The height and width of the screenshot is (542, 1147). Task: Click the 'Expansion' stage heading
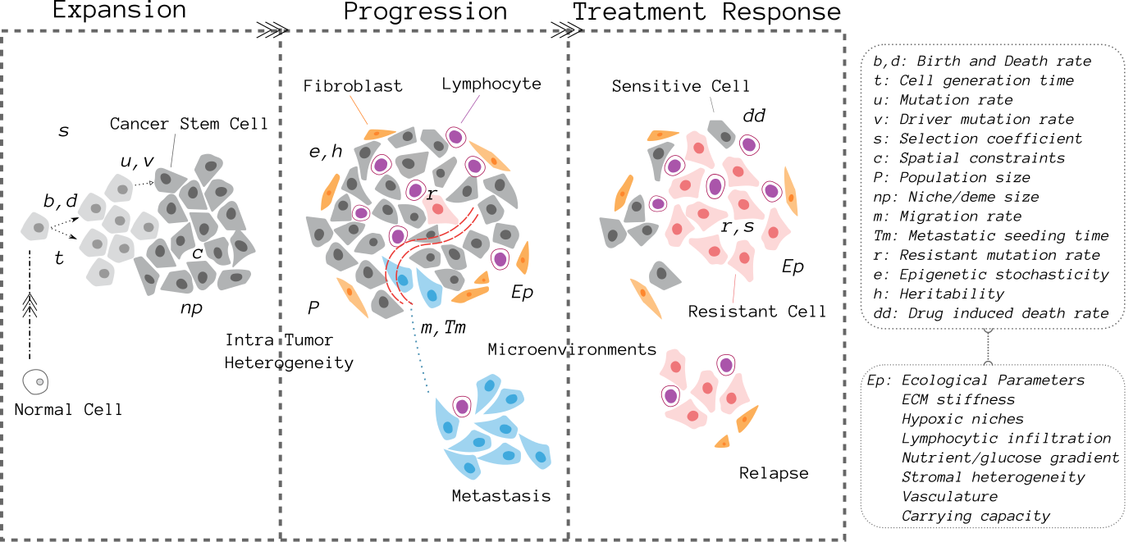click(119, 10)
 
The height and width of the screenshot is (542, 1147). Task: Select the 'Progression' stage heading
click(425, 11)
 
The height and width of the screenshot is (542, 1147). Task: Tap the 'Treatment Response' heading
click(706, 11)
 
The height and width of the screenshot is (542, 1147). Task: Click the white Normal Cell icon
click(35, 382)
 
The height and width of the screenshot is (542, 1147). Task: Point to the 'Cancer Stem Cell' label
click(189, 124)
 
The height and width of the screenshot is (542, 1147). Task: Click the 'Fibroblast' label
click(353, 86)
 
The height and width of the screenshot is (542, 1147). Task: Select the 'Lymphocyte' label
click(491, 84)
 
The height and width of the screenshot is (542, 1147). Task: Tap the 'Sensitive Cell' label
click(680, 86)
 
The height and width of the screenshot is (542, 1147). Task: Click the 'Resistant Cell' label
click(756, 311)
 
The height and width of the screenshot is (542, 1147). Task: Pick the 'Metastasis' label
click(501, 495)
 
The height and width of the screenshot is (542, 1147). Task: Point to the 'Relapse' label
click(774, 473)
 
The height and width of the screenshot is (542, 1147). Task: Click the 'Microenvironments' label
click(572, 349)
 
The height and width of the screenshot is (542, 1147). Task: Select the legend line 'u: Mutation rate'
click(944, 100)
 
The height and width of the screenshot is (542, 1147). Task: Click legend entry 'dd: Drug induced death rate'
click(991, 313)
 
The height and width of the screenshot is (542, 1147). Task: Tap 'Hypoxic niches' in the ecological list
click(962, 419)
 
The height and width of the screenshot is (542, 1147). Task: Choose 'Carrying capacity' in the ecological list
click(976, 516)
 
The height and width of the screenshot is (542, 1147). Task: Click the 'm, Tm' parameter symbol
click(443, 327)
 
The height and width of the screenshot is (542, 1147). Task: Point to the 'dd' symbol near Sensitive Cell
click(754, 116)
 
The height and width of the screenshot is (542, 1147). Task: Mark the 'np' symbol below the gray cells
click(191, 308)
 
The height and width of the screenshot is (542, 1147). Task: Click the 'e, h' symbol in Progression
click(326, 152)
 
